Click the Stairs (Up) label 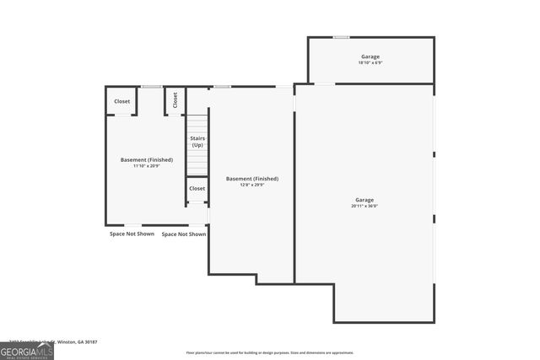click(197, 142)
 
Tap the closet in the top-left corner click(122, 101)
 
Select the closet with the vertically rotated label click(175, 100)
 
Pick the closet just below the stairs click(197, 189)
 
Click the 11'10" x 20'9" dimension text click(146, 166)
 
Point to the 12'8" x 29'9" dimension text click(251, 185)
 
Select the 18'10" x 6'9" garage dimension click(370, 63)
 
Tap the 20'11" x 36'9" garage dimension click(364, 206)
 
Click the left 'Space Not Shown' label click(132, 234)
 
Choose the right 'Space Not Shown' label click(184, 234)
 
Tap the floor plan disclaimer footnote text click(269, 352)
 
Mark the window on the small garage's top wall click(341, 37)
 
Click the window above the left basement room click(152, 87)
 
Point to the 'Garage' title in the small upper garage click(370, 56)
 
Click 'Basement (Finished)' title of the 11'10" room click(146, 159)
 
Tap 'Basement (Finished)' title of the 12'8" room click(251, 179)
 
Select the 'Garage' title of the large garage click(364, 200)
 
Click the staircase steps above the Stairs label click(197, 124)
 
